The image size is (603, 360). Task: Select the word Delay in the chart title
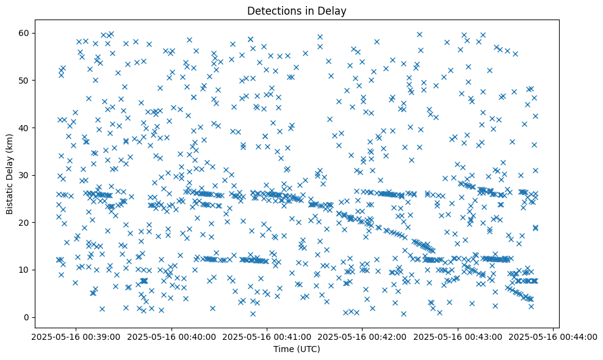[332, 10]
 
